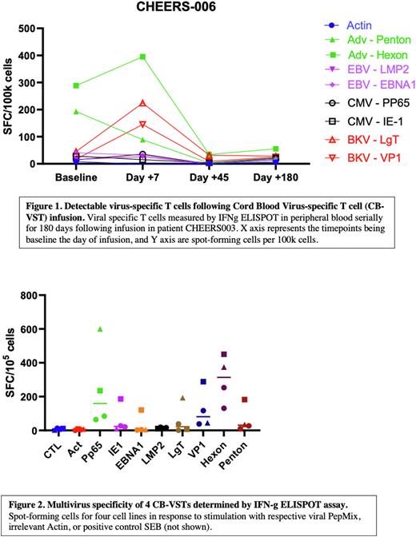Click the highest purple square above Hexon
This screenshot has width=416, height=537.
point(225,354)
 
